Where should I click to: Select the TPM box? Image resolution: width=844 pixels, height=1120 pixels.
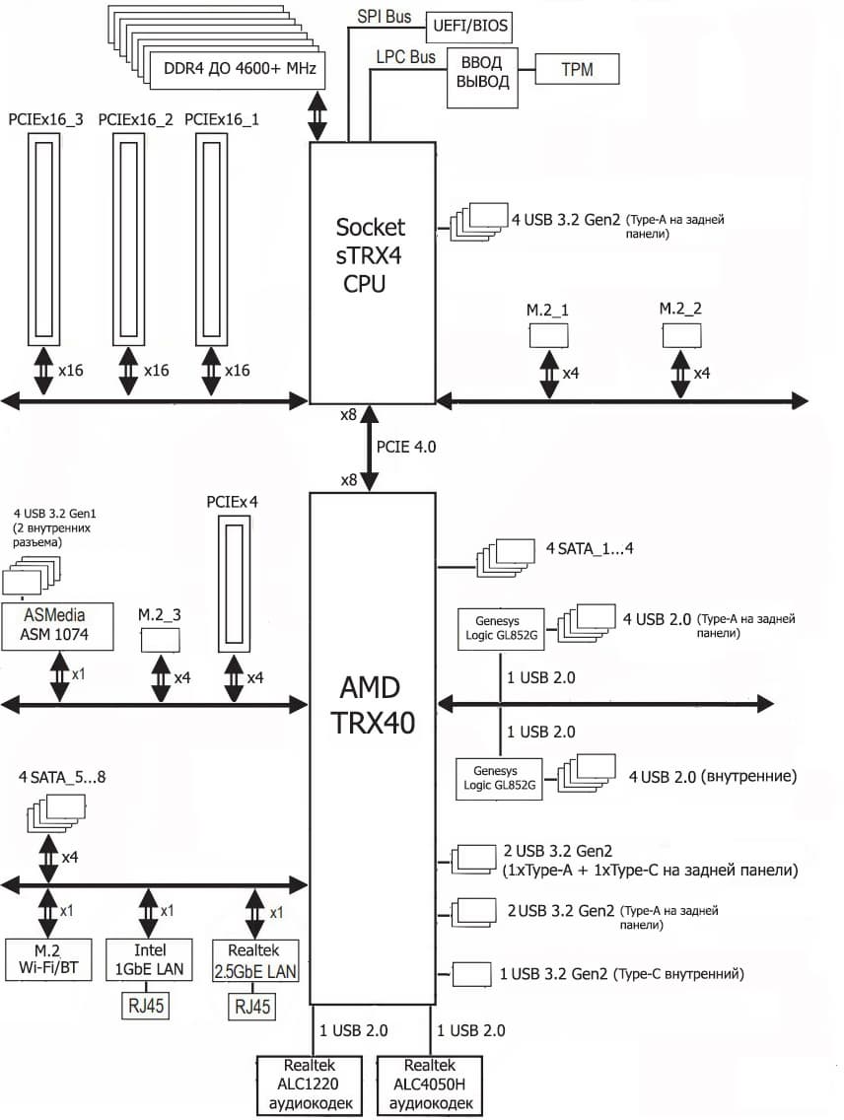(577, 69)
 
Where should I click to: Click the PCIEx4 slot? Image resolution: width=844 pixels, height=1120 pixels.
(234, 588)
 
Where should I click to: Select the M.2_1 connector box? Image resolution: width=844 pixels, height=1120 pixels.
(549, 335)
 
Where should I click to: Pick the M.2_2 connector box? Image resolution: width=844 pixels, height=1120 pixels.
(680, 334)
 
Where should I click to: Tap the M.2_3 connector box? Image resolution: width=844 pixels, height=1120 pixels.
(160, 639)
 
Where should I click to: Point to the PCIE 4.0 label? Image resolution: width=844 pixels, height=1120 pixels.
(405, 447)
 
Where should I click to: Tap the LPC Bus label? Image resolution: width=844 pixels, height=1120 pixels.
(405, 58)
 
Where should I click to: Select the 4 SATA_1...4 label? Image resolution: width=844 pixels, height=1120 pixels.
(589, 548)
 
